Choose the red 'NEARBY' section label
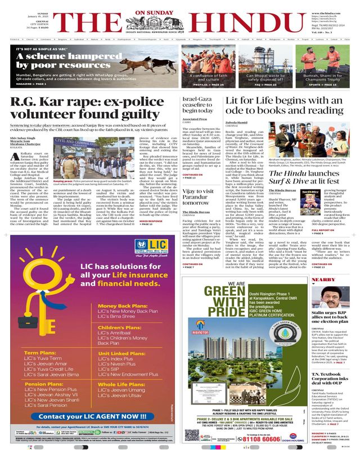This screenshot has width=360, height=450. click(322, 280)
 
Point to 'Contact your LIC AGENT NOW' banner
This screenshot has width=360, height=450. click(90, 415)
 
